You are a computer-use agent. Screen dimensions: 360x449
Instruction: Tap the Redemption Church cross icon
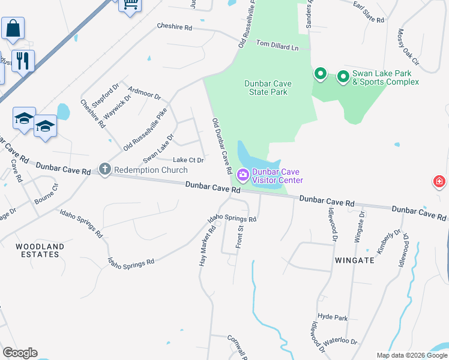105,170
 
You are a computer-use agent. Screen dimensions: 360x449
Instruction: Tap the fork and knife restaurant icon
23,60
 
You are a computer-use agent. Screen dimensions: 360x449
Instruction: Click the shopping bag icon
13,28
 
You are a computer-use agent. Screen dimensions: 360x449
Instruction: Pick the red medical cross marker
440,181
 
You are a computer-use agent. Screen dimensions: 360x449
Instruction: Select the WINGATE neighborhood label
355,260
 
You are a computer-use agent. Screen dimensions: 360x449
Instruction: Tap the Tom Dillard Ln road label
277,44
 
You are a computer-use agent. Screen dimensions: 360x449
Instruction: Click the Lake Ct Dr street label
188,160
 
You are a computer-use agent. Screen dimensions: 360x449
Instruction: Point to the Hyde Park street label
333,317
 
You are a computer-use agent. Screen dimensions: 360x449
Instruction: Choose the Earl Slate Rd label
369,16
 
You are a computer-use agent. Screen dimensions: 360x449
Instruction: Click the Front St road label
239,236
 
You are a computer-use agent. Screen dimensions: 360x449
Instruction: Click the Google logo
20,353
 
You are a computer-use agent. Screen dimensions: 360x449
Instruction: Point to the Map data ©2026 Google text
412,355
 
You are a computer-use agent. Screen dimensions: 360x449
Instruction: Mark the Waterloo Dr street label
340,345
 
